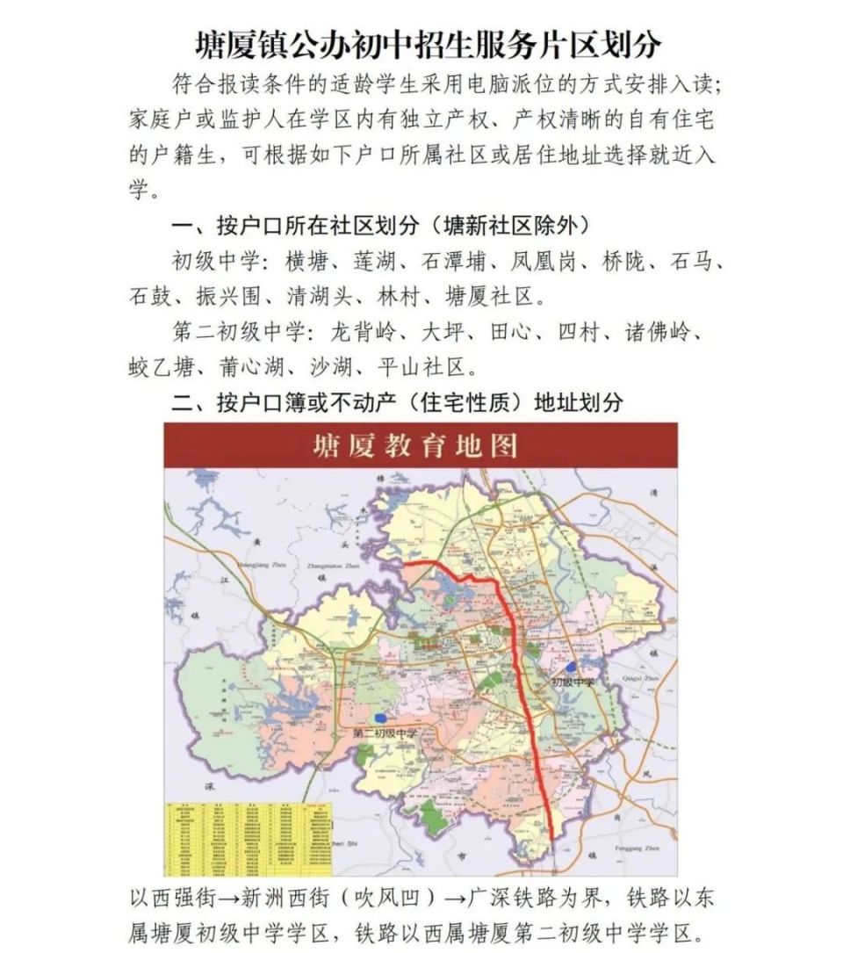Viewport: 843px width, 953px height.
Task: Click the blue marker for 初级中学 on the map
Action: click(572, 668)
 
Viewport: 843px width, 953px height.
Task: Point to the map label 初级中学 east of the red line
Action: click(573, 682)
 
